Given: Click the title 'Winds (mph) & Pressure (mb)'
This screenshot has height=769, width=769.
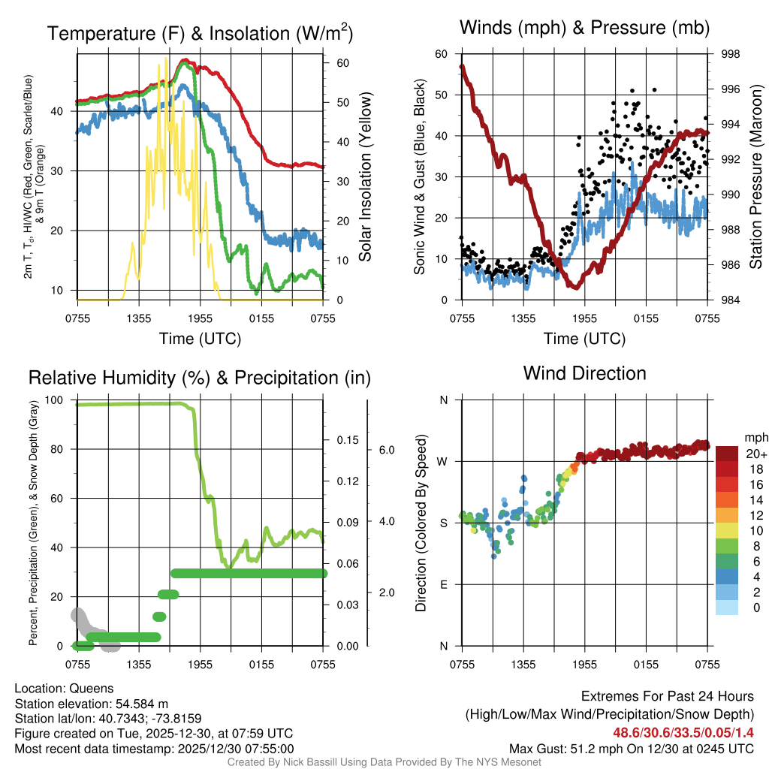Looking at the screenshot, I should point(584,29).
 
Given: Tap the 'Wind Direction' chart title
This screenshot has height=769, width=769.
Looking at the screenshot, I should point(584,373).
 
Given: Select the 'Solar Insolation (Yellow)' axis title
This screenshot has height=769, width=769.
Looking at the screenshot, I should point(366,177).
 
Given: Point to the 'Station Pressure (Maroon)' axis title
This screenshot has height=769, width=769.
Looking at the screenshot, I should point(755,177).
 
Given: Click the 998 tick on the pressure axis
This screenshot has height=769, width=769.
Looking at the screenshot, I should point(730,54).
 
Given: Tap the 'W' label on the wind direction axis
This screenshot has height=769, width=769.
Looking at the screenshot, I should point(443,461).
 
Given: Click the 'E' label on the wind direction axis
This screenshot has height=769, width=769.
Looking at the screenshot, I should point(444,584).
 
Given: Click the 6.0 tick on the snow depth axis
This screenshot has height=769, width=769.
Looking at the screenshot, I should point(387,451).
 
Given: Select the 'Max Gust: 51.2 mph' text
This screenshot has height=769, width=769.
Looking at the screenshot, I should point(552,748).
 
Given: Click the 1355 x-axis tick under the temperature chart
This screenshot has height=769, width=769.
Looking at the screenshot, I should point(139,318).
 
